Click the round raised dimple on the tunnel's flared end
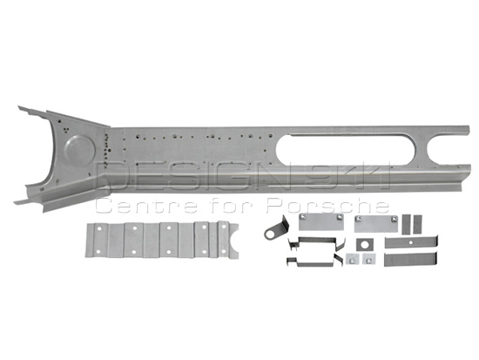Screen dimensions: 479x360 (80, 151)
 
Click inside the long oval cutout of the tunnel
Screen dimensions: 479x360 (345, 149)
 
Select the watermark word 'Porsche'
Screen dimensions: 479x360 (327, 206)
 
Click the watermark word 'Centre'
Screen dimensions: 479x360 (146, 207)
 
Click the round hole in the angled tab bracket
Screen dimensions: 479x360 (270, 234)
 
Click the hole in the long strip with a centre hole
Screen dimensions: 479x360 (410, 242)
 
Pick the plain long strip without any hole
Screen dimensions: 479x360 (410, 260)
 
